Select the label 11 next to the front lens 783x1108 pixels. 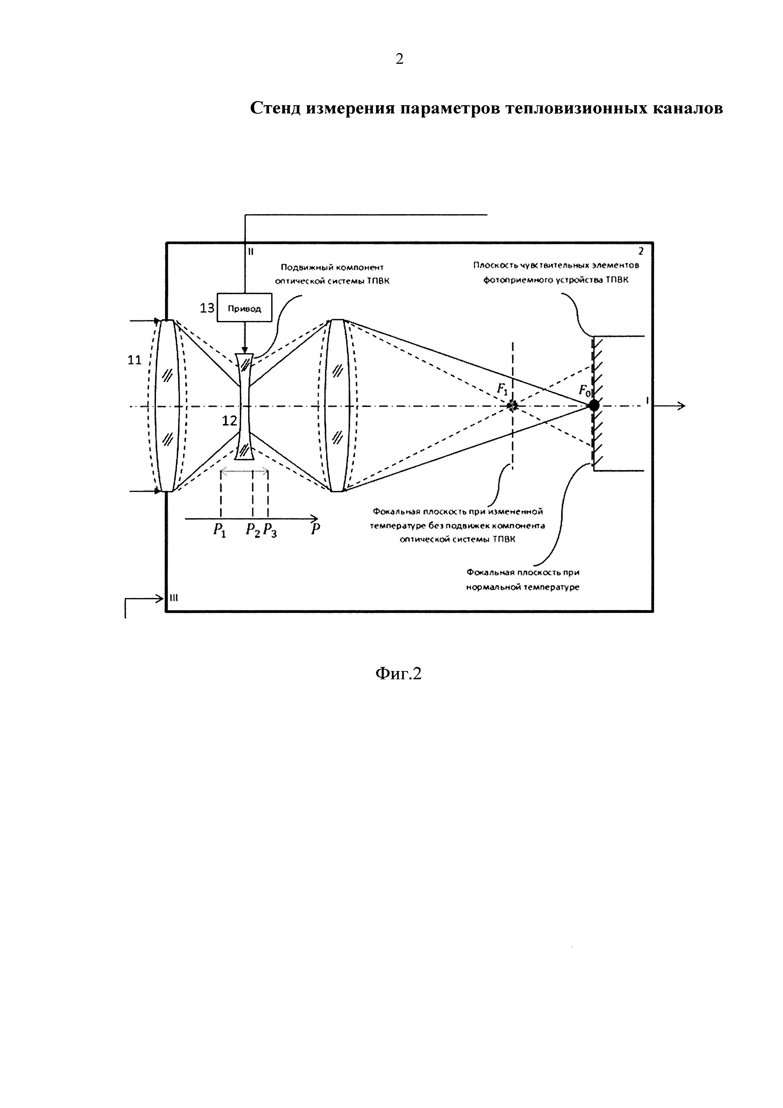click(x=134, y=360)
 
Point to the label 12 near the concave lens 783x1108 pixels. click(x=230, y=421)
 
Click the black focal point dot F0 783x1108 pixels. click(x=594, y=405)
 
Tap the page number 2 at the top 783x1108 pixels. click(x=399, y=59)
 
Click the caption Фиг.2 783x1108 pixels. click(x=398, y=674)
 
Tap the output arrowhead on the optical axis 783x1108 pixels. click(x=681, y=406)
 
